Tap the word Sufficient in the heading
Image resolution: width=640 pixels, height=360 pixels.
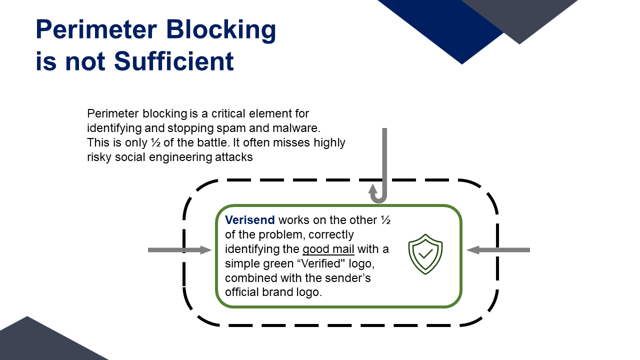(x=174, y=61)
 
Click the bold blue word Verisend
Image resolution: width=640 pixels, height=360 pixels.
(x=249, y=220)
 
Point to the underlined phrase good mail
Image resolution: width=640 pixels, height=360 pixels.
(x=328, y=249)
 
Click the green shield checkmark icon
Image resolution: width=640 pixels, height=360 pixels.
(x=425, y=254)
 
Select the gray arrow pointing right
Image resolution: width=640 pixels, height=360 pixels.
(x=179, y=250)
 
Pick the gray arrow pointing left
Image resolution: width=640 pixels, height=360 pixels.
(x=498, y=250)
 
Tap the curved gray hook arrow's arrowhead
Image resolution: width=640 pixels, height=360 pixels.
(x=372, y=189)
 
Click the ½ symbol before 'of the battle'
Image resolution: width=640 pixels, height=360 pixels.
(x=155, y=142)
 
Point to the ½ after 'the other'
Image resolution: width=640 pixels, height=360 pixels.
(x=385, y=220)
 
